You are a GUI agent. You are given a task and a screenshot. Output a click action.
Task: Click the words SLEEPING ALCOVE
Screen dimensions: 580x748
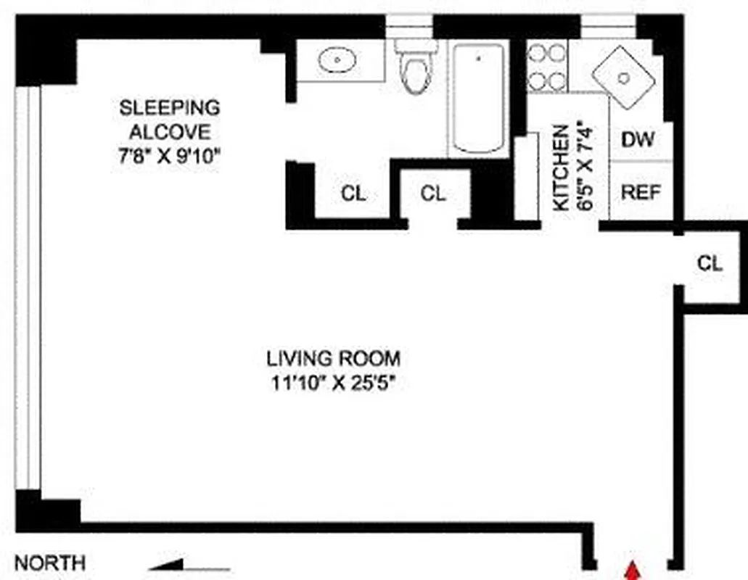[x=169, y=120]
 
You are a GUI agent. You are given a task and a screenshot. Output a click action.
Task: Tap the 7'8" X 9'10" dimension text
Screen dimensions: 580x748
[x=169, y=157]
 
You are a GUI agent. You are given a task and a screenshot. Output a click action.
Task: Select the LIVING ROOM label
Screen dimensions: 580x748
[x=333, y=358]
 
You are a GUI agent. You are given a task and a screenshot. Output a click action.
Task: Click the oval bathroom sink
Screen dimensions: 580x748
[x=334, y=60]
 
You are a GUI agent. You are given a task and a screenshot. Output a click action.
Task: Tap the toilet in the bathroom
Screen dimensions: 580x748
[x=415, y=69]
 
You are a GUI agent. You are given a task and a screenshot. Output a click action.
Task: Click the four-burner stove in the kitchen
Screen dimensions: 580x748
[x=546, y=67]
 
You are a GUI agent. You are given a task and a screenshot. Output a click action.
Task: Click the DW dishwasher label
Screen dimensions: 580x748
[x=638, y=139]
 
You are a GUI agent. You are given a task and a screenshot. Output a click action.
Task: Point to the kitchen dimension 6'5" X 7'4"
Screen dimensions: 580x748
[x=585, y=168]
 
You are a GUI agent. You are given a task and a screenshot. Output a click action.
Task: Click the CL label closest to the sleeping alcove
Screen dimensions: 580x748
[x=353, y=194]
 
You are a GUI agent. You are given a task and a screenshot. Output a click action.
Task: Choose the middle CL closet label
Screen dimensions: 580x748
[x=433, y=194]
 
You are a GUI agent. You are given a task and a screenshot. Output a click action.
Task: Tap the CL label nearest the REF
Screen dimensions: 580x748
[x=710, y=263]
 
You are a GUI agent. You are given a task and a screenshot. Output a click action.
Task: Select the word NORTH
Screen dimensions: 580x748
[x=50, y=563]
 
